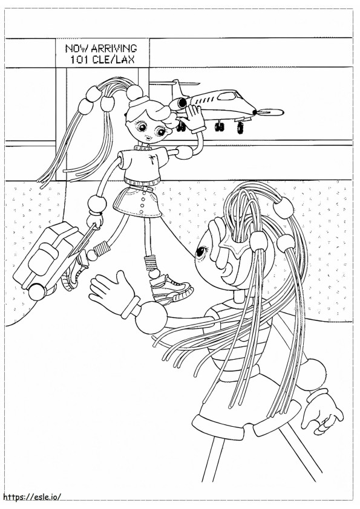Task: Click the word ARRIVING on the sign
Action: [x=114, y=48]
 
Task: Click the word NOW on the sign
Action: [x=77, y=48]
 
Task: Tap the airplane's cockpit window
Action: [x=227, y=96]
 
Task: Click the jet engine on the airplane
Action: [x=178, y=103]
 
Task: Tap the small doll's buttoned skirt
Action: [x=137, y=202]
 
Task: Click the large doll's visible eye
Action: [x=201, y=250]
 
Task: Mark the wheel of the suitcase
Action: [x=37, y=291]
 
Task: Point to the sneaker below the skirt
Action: [x=171, y=288]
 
